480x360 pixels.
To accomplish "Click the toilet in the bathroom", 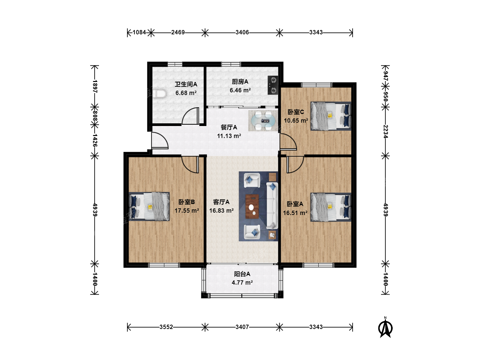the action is coord(160,94).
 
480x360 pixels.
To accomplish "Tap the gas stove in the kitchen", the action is coord(273,85).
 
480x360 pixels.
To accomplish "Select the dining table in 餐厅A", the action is coord(263,120).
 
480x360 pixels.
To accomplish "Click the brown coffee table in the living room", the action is coord(252,206).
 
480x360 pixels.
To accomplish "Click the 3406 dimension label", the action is coord(242,32).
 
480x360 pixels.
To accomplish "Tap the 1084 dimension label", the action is coord(139,32).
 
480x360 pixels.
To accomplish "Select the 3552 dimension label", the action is coord(166,327).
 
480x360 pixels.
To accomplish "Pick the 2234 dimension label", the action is coord(386,132).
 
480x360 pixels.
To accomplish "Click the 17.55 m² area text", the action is coord(187,210).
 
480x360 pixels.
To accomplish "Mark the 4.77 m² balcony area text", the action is coord(242,282).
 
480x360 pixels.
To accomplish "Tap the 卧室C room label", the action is coord(296,112).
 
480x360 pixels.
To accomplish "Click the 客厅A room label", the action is coord(221,202).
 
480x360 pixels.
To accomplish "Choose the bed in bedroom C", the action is coord(331,116).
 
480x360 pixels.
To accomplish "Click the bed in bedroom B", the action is coord(149,207).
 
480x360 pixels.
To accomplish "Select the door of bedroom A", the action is coord(295,165).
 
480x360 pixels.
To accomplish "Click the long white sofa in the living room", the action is coord(272,206).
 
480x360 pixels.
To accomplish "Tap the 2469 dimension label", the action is coord(178,32).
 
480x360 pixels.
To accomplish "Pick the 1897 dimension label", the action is coord(95,87).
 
